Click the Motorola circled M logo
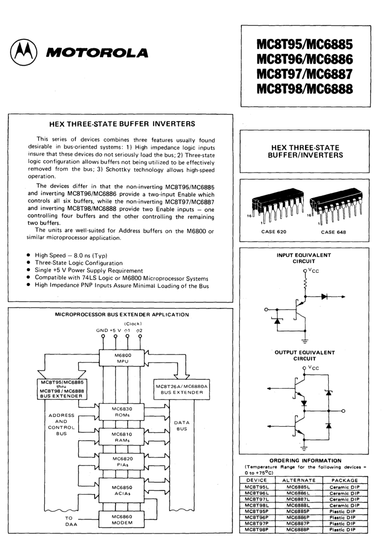pyautogui.click(x=23, y=53)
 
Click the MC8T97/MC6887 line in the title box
pyautogui.click(x=305, y=74)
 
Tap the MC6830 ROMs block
pyautogui.click(x=122, y=412)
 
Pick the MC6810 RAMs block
pyautogui.click(x=122, y=437)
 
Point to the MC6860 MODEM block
pyautogui.click(x=122, y=519)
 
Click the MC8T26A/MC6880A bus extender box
pyautogui.click(x=181, y=389)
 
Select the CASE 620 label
pyautogui.click(x=274, y=232)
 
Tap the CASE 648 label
pyautogui.click(x=333, y=232)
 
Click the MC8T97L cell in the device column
pyautogui.click(x=257, y=499)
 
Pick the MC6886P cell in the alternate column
pyautogui.click(x=298, y=517)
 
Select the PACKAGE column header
pyautogui.click(x=345, y=480)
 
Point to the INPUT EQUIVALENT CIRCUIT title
pyautogui.click(x=304, y=258)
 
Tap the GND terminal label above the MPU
pyautogui.click(x=102, y=330)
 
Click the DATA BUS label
pyautogui.click(x=181, y=426)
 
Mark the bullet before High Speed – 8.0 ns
pyautogui.click(x=28, y=255)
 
